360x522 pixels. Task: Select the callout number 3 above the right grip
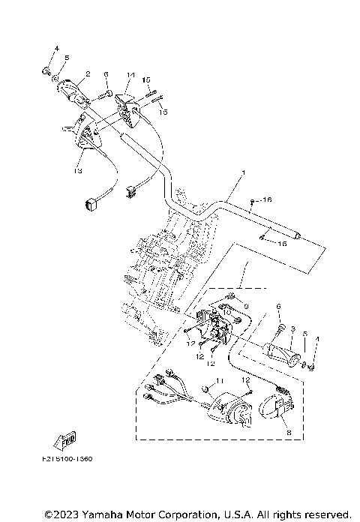[x=294, y=329]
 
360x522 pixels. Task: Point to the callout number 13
[x=78, y=170]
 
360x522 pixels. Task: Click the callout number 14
[x=130, y=75]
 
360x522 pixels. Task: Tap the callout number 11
[x=220, y=382]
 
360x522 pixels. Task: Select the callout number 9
[x=244, y=305]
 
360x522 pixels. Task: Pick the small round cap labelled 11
[x=203, y=388]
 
